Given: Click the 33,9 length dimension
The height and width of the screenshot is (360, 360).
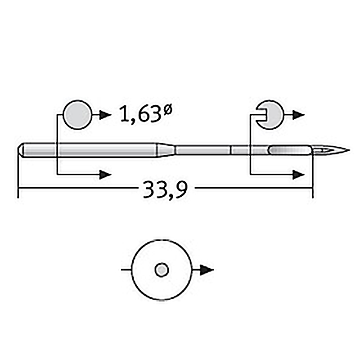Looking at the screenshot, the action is pos(165,189).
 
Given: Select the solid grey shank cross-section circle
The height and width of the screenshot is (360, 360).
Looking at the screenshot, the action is pos(77,115).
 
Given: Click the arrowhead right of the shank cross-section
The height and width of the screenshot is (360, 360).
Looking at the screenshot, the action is pos(105,115).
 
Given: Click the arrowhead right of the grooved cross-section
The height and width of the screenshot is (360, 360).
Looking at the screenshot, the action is pos(298,115).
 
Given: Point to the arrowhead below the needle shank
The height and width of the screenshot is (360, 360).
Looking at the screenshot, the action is pos(105,175).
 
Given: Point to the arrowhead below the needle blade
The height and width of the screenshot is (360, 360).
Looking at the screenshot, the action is pos(298,175).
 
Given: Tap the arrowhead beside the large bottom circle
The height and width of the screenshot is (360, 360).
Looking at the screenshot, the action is pos(207,270).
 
